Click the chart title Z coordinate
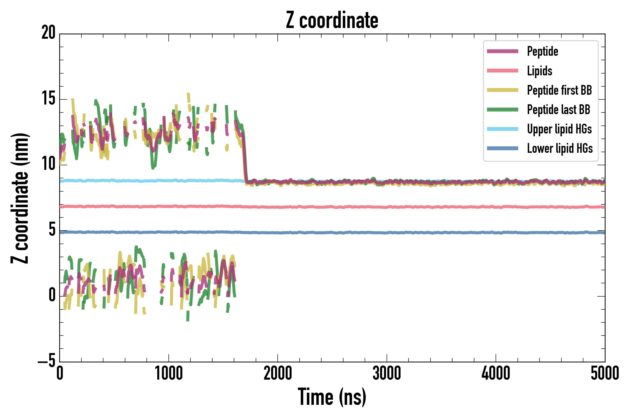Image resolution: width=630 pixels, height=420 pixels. (x=332, y=20)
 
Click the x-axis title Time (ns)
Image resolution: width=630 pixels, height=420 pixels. (x=332, y=397)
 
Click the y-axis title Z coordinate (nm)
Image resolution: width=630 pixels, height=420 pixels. (x=20, y=198)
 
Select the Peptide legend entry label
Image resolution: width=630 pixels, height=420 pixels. (x=542, y=51)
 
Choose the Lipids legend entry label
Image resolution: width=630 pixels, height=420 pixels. (x=539, y=71)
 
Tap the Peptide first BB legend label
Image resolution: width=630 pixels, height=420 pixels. (x=559, y=90)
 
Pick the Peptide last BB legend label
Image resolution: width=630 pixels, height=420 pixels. (x=558, y=110)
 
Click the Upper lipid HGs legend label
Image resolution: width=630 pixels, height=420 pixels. (x=559, y=129)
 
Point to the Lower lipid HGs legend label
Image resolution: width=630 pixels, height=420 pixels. (x=560, y=148)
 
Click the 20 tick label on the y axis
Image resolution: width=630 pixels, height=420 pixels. (x=48, y=33)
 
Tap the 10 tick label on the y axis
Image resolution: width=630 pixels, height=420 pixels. (x=48, y=164)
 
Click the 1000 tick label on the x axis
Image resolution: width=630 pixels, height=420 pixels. (x=169, y=374)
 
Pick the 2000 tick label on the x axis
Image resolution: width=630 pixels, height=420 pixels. (x=278, y=374)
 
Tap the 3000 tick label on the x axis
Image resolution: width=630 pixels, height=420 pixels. (x=387, y=374)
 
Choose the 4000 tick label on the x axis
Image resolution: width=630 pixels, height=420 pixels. (x=496, y=374)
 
